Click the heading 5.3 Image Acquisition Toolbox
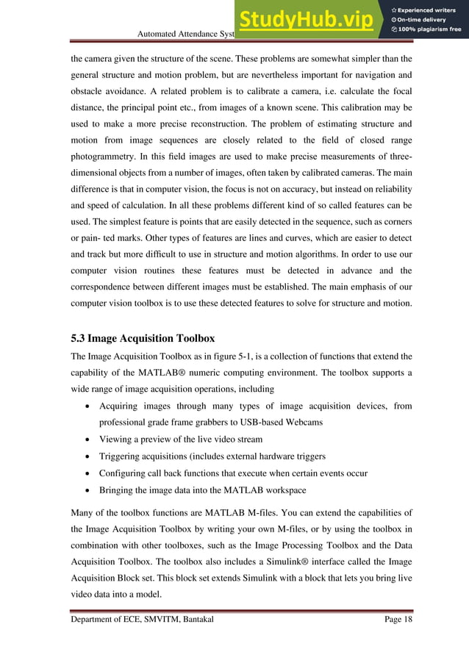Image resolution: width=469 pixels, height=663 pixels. (x=143, y=339)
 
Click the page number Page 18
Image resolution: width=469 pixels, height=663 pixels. (x=398, y=620)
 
